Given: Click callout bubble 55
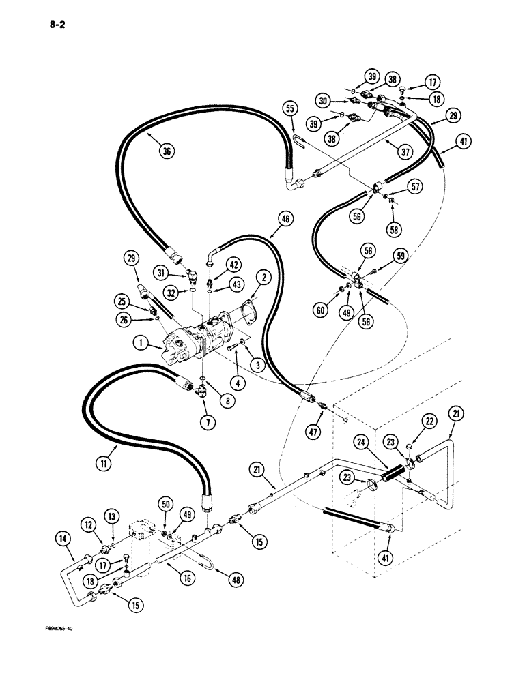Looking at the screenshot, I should coord(289,108).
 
